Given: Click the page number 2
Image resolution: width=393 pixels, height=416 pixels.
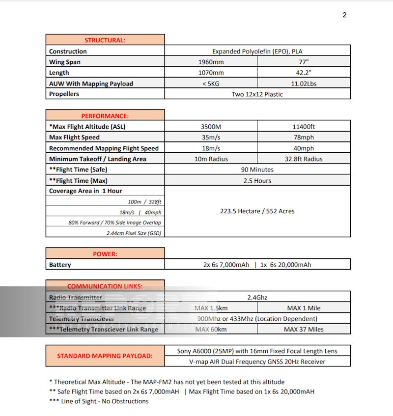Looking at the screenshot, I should click(344, 15).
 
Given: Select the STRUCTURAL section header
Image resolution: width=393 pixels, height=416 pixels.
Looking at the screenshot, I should click(105, 40).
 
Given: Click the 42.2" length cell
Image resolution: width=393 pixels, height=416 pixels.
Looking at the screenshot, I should click(304, 73).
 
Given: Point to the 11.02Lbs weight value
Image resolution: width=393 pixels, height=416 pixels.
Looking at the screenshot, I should click(304, 84).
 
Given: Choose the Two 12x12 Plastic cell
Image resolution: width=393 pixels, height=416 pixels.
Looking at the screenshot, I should click(257, 94).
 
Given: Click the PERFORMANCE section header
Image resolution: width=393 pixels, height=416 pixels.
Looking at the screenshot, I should click(105, 116).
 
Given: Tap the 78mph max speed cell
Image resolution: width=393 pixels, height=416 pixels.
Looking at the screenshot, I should click(304, 138).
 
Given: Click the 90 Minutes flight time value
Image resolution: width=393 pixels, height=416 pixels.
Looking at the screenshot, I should click(257, 170).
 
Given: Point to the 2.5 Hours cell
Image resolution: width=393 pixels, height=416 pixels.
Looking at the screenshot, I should click(257, 181).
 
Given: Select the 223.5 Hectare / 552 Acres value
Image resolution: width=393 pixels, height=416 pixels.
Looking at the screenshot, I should click(257, 211).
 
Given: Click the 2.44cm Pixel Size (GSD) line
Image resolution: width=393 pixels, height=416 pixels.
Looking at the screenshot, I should click(134, 233).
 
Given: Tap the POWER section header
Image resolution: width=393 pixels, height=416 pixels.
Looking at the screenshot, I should click(105, 254).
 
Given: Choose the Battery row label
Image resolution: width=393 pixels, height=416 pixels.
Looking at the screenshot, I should click(60, 265).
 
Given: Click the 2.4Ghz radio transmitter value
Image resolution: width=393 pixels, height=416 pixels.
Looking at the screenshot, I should click(257, 297).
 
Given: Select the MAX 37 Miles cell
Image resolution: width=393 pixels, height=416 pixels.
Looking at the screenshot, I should click(304, 330).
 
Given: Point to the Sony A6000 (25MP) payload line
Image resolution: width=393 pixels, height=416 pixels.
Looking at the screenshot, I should click(257, 351).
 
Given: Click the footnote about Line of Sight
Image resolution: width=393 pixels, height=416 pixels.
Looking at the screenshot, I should click(99, 401).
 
